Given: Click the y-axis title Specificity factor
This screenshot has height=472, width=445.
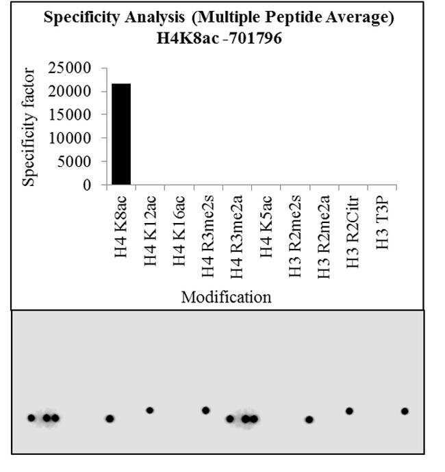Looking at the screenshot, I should [x=28, y=126].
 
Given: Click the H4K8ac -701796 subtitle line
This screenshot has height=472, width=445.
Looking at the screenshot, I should [x=219, y=39].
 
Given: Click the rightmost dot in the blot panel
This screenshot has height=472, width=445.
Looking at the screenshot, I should [x=405, y=411].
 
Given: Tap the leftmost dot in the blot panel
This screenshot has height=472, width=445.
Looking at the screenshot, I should [x=31, y=417].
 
